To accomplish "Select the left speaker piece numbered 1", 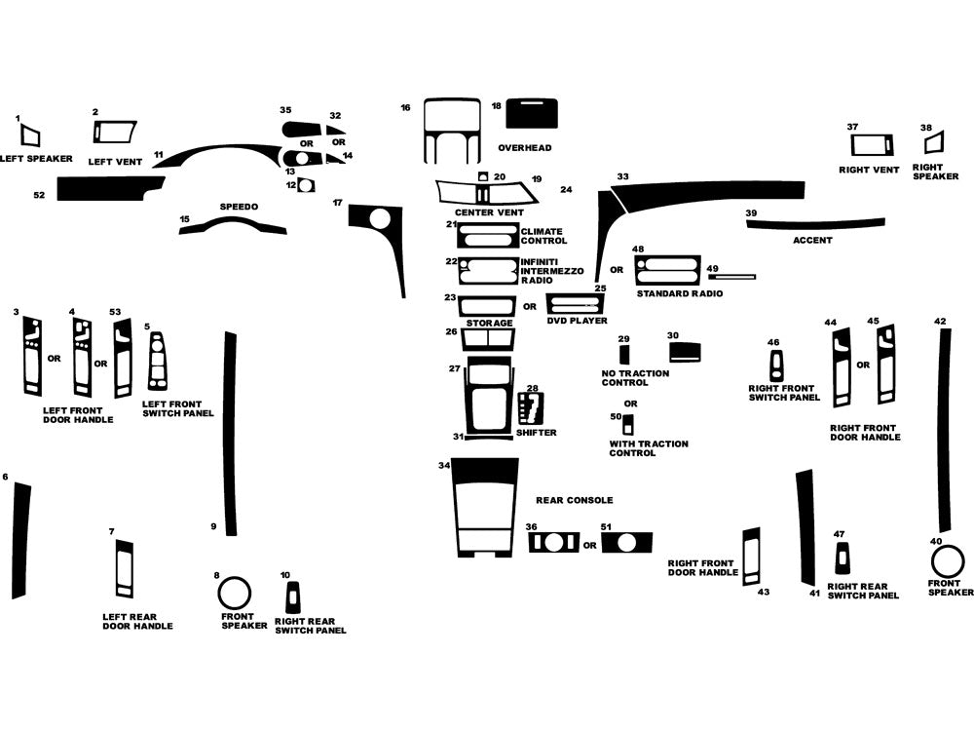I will [29, 135].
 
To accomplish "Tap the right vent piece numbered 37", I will [872, 146].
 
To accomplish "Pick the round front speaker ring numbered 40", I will [946, 562].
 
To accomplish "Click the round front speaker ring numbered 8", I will [234, 593].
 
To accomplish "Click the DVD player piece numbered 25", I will [575, 304].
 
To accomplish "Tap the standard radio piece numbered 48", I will [667, 268].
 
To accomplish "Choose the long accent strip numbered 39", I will [814, 223].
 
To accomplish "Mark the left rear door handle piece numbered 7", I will [124, 567].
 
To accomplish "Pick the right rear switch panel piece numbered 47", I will [843, 558].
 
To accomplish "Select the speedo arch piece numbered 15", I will [233, 227].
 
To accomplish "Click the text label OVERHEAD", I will [525, 148].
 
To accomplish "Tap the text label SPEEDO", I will [238, 207].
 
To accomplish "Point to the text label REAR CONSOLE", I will [575, 500].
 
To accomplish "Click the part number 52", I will [39, 195].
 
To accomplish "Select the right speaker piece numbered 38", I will [933, 143].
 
